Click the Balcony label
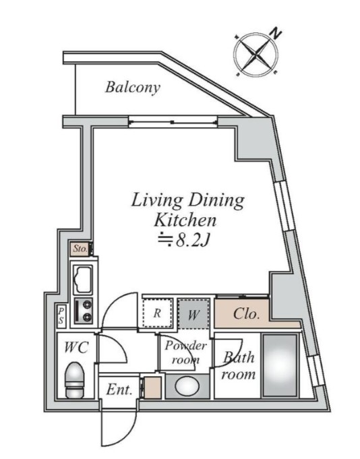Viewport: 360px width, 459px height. click(x=133, y=87)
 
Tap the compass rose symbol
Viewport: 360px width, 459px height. click(x=256, y=55)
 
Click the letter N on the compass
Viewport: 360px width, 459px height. click(x=275, y=33)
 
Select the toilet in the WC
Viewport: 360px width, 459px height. click(x=74, y=380)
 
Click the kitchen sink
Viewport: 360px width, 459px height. click(x=83, y=280)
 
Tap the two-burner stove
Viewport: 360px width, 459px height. click(x=83, y=311)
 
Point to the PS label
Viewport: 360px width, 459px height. click(x=61, y=315)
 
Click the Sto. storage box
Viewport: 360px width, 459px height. click(x=80, y=249)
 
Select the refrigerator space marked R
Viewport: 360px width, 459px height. click(x=158, y=313)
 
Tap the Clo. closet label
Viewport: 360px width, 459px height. click(x=247, y=314)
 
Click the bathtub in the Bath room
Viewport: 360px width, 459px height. click(x=280, y=365)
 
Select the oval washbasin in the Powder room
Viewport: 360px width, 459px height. click(x=187, y=386)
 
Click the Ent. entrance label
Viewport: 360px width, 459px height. click(x=119, y=390)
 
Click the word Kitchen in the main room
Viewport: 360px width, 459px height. click(x=185, y=220)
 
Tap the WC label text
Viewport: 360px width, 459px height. click(x=76, y=347)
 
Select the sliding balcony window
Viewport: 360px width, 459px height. click(x=173, y=121)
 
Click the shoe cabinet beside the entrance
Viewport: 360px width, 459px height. click(x=152, y=388)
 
